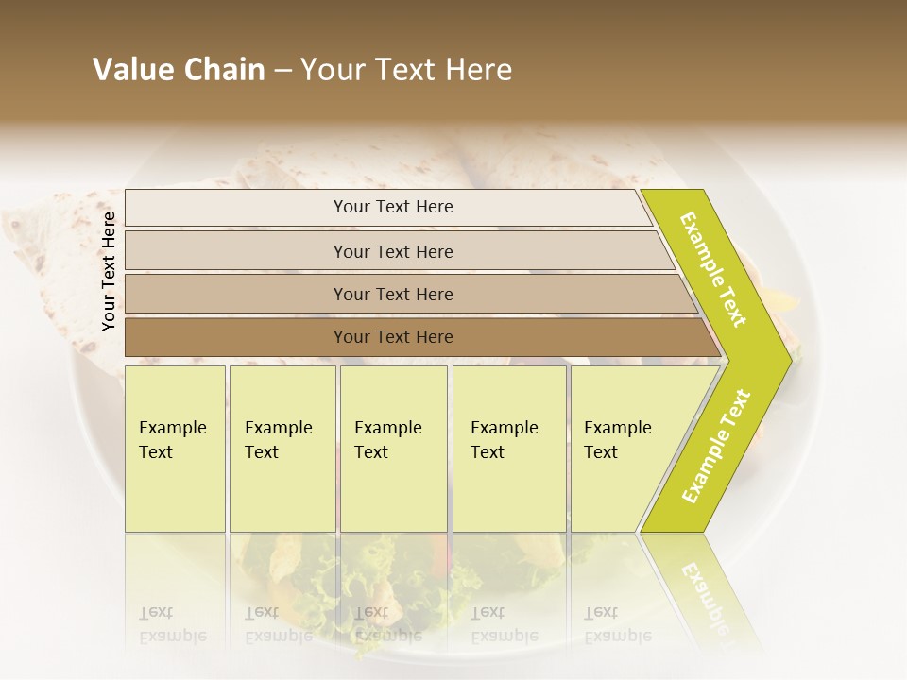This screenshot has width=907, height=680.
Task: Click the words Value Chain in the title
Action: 179,70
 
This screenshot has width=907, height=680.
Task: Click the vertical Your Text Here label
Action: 110,271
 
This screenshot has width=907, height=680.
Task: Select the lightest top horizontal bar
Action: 236,208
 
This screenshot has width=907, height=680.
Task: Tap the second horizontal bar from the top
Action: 236,251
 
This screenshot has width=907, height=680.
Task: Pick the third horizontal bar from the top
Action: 236,294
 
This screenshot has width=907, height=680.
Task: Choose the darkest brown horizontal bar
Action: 236,337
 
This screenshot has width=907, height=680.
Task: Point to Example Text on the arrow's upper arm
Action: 714,269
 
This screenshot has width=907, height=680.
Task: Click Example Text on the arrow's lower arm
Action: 716,447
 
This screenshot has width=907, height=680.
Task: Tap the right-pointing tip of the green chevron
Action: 786,359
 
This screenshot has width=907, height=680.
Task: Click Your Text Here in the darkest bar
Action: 393,337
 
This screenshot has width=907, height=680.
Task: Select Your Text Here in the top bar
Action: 393,207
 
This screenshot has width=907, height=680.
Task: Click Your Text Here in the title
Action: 406,70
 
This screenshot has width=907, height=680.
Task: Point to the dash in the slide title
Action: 282,71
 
